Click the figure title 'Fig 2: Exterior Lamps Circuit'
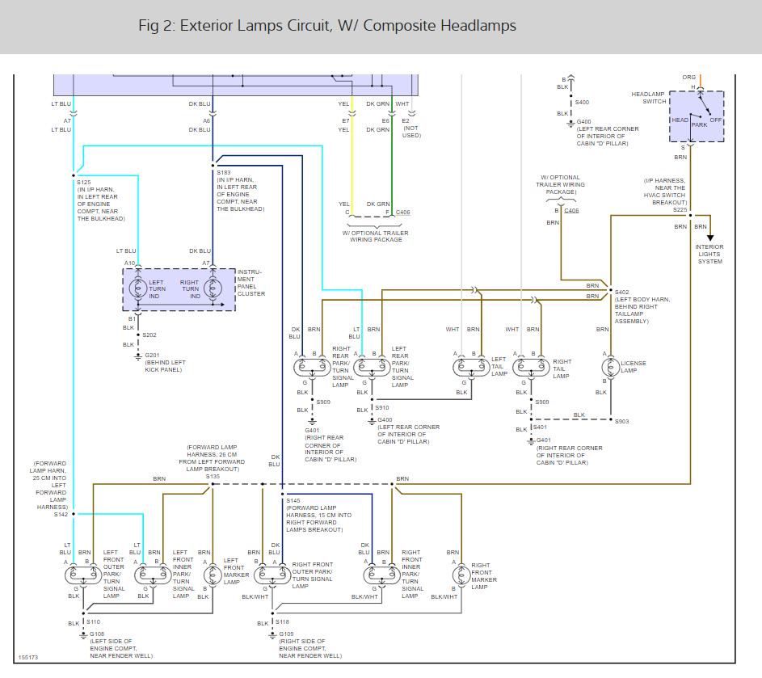327,26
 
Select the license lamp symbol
611,367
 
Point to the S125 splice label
84,183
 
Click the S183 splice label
224,173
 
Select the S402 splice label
621,292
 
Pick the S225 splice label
680,209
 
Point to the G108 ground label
96,634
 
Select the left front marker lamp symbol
212,575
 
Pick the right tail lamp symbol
531,367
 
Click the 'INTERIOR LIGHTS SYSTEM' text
709,255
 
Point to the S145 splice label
293,500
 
